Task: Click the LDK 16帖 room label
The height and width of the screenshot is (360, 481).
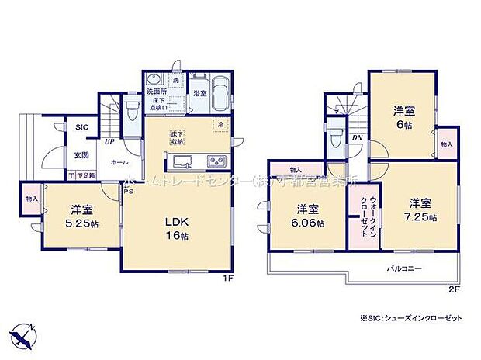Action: (x=176, y=228)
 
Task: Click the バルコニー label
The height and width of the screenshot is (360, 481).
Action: (x=404, y=268)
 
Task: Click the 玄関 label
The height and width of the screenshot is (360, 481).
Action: (x=81, y=155)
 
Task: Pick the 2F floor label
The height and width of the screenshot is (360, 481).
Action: (x=454, y=289)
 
